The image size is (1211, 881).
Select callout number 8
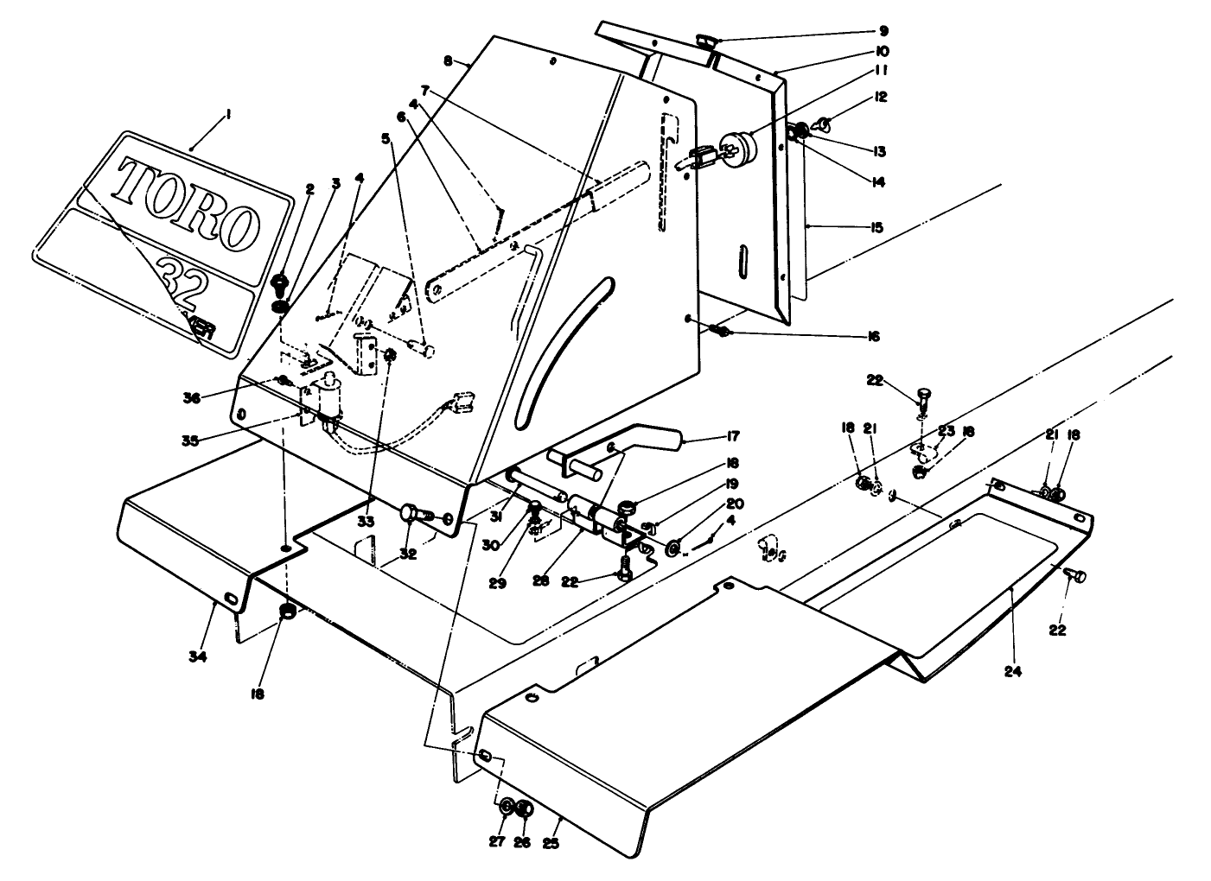447,60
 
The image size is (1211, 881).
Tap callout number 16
873,336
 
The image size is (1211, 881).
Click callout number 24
1012,670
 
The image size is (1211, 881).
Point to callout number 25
551,843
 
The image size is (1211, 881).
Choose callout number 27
496,843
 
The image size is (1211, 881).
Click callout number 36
192,397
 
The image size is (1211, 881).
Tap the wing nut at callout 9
704,39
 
